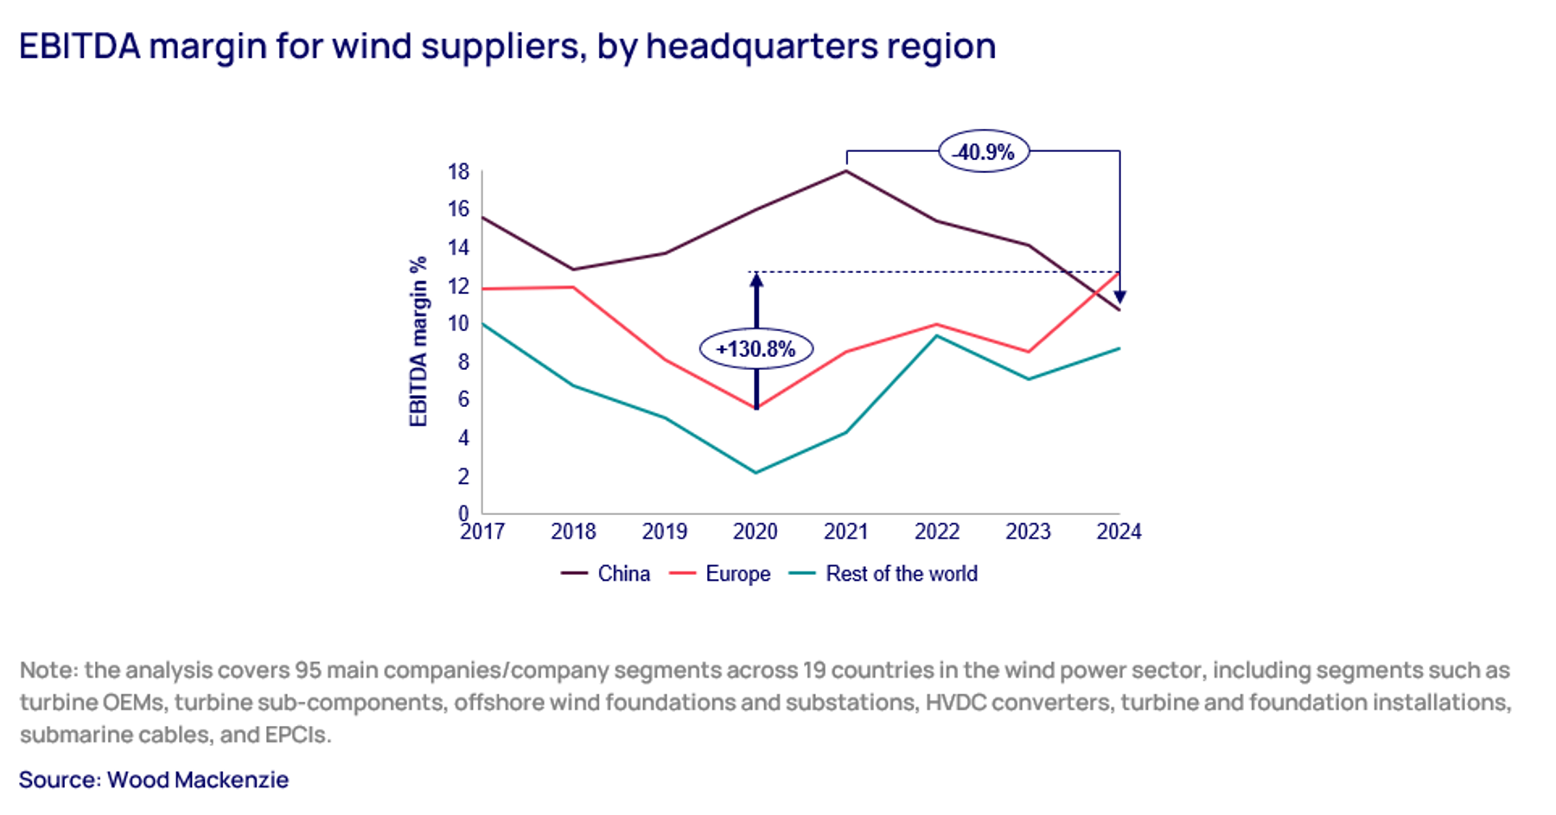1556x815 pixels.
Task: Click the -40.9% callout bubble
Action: [984, 152]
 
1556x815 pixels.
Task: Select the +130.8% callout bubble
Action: [756, 349]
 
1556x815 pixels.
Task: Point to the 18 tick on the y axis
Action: [458, 172]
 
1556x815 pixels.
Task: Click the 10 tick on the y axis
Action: [458, 324]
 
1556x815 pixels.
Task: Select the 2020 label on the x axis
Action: [756, 532]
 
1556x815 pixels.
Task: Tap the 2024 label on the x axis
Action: [1119, 532]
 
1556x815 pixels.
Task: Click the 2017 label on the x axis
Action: [482, 532]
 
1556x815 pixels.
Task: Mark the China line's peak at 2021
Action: [846, 171]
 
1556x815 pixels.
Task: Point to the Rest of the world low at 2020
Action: [756, 473]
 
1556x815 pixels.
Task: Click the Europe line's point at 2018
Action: [573, 287]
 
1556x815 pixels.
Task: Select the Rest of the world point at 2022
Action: [937, 335]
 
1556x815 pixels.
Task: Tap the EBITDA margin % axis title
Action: [418, 341]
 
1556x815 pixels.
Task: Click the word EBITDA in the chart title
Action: [80, 46]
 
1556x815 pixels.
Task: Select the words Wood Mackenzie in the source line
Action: [198, 780]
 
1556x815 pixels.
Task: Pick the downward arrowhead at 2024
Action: [1119, 297]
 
